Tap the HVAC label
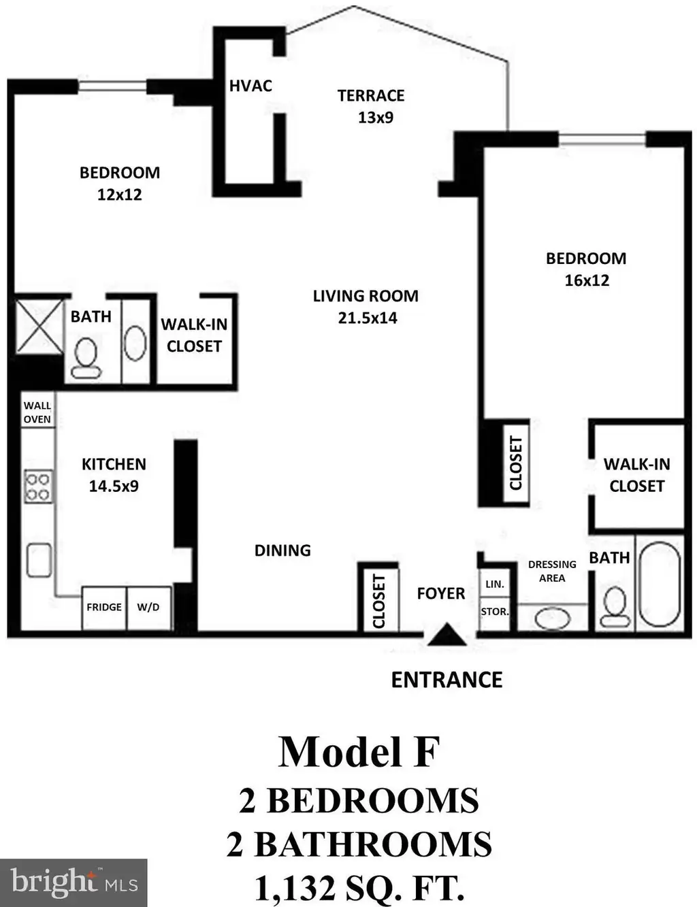click(x=251, y=86)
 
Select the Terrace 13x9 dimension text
click(x=376, y=118)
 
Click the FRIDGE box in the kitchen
click(x=104, y=608)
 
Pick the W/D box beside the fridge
click(x=148, y=608)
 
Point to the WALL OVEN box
click(x=37, y=412)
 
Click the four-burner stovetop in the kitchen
click(x=38, y=487)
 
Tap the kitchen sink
click(x=39, y=560)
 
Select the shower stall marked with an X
click(x=39, y=326)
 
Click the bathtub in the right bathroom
click(x=660, y=584)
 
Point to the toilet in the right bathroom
click(x=615, y=606)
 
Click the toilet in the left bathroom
click(x=86, y=358)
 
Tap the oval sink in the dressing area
click(x=553, y=619)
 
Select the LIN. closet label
click(x=495, y=584)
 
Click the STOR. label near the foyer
click(x=495, y=612)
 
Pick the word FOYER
click(x=441, y=593)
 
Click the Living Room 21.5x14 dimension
click(x=368, y=318)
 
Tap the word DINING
click(x=283, y=550)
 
